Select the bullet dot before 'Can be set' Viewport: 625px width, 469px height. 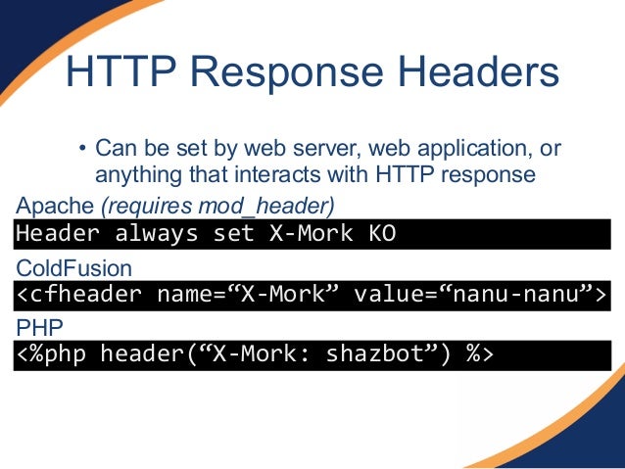83,151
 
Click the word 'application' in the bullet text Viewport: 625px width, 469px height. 475,150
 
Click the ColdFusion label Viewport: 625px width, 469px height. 73,267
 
